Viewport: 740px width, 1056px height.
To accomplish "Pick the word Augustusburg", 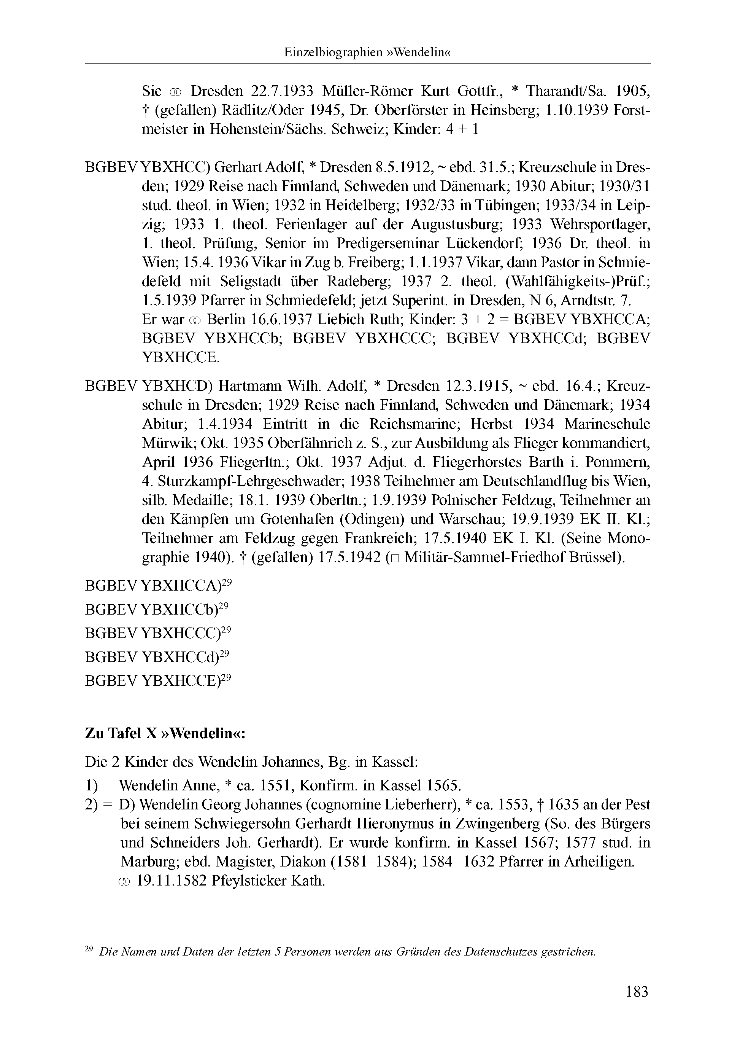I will (x=455, y=224).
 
